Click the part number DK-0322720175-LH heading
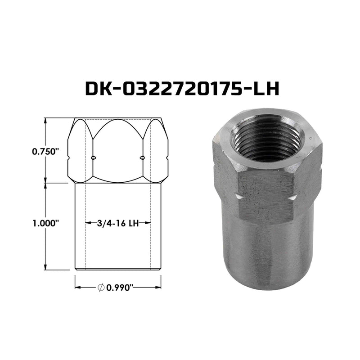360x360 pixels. (182, 89)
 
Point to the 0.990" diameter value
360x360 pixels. (120, 288)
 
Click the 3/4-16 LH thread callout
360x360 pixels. (118, 223)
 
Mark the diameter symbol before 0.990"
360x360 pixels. (101, 288)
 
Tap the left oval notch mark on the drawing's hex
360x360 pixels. (93, 157)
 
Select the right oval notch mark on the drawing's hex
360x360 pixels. (143, 157)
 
